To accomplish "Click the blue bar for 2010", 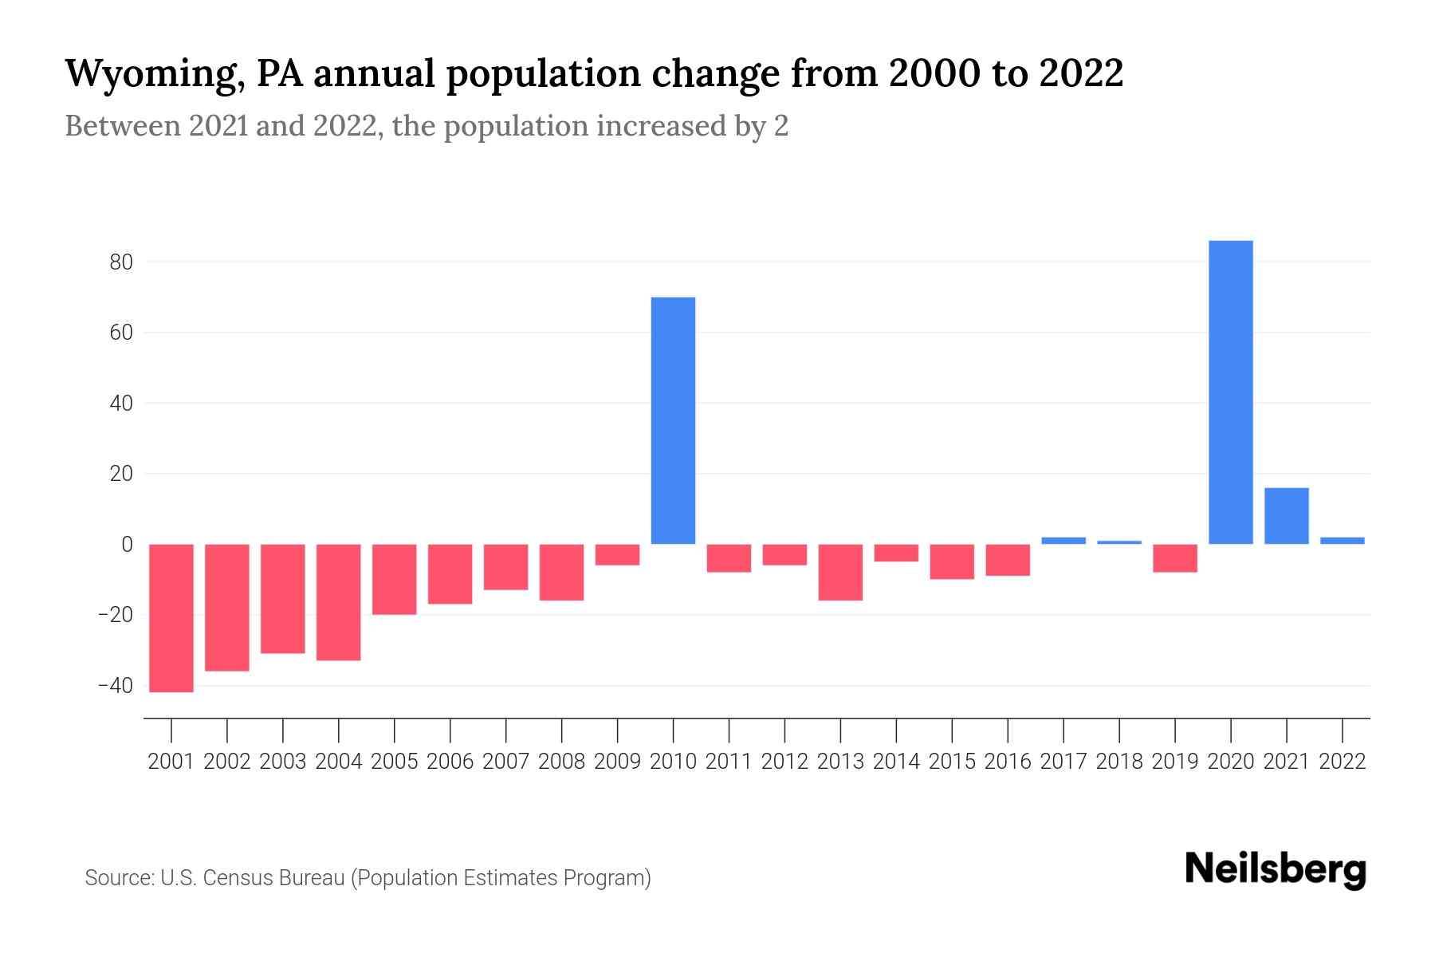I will pyautogui.click(x=673, y=420).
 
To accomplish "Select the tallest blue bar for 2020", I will pyautogui.click(x=1230, y=392).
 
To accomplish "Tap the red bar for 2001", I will pyautogui.click(x=171, y=618).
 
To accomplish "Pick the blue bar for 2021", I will pyautogui.click(x=1286, y=516).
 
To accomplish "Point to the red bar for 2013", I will pyautogui.click(x=840, y=572).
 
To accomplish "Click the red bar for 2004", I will pyautogui.click(x=339, y=602).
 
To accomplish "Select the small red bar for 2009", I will pyautogui.click(x=617, y=554).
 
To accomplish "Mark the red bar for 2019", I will pyautogui.click(x=1174, y=558).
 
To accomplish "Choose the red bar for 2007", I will pyautogui.click(x=505, y=567).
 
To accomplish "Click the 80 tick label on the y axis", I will pyautogui.click(x=121, y=262).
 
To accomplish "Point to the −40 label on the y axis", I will pyautogui.click(x=115, y=686).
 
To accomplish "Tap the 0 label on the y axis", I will pyautogui.click(x=127, y=545).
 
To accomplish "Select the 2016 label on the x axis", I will pyautogui.click(x=1008, y=762).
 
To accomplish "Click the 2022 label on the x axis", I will pyautogui.click(x=1342, y=762).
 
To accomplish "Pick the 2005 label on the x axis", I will pyautogui.click(x=395, y=762).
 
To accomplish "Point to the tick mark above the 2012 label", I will pyautogui.click(x=784, y=730).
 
